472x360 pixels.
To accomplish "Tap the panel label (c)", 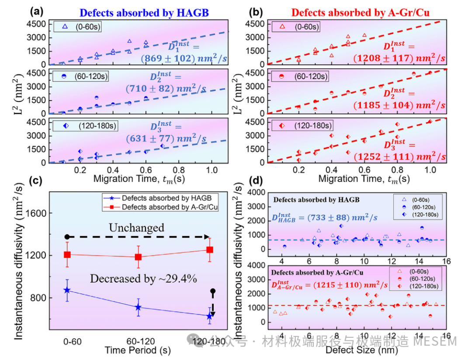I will point(36,181).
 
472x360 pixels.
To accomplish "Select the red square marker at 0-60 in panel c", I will point(67,255).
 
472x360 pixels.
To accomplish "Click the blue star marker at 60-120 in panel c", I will point(139,307).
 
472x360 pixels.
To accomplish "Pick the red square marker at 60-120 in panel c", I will point(139,257).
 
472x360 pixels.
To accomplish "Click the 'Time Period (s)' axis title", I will point(138,350).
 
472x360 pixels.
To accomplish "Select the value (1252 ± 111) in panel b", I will point(399,157).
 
